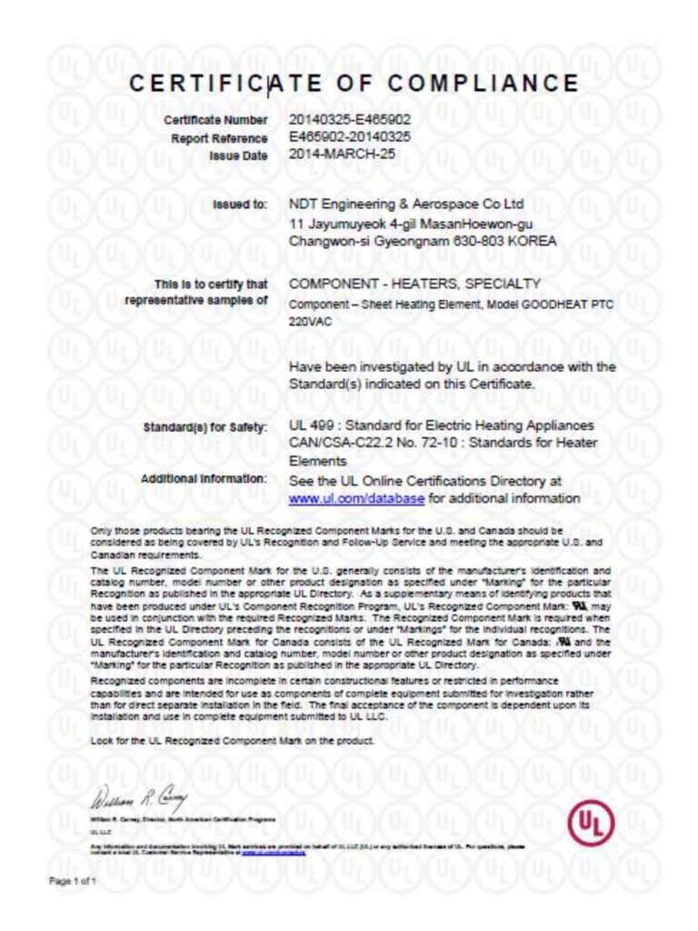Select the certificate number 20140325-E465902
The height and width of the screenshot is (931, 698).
pyautogui.click(x=350, y=120)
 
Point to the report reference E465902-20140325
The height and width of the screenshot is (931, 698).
pyautogui.click(x=350, y=137)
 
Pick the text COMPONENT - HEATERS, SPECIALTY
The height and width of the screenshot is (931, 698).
pyautogui.click(x=414, y=284)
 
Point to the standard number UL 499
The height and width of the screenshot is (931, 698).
pyautogui.click(x=312, y=425)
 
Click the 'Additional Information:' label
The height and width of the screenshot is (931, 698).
pyautogui.click(x=204, y=478)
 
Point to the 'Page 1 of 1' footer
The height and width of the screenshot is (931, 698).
pyautogui.click(x=72, y=882)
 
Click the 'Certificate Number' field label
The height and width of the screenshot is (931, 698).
pyautogui.click(x=215, y=120)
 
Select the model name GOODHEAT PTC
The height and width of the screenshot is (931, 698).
pyautogui.click(x=564, y=305)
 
